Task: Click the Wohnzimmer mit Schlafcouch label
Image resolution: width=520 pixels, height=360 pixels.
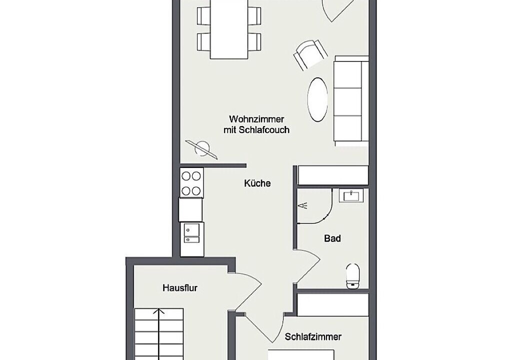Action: coord(256,124)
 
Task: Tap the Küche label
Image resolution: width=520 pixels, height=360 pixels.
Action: coord(257,183)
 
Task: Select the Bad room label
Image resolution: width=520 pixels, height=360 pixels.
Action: coord(332,238)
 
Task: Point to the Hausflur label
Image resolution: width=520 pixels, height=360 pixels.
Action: coord(180,287)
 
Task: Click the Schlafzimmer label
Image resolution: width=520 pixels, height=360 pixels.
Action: coord(313,337)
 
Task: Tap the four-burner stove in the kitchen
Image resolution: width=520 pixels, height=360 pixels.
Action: coord(191,183)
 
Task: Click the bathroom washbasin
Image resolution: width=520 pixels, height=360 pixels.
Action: coord(351,196)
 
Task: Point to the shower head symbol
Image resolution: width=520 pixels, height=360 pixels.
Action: coord(303,205)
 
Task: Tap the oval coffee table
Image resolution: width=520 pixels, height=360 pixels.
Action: coord(317,100)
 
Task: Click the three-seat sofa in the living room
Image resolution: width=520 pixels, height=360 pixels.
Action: coord(351,101)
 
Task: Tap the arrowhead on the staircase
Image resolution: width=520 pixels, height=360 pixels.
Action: coord(159,311)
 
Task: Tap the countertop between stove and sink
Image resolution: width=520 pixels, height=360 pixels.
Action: coord(190,209)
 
